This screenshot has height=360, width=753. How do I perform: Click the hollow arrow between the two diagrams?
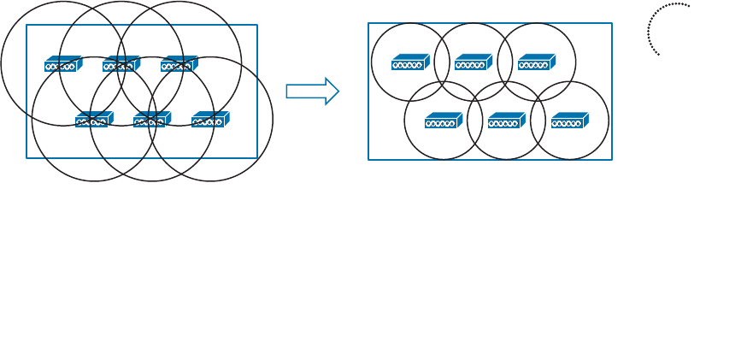click(x=312, y=91)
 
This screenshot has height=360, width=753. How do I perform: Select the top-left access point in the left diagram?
click(x=62, y=64)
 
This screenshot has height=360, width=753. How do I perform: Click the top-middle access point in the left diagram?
click(x=121, y=64)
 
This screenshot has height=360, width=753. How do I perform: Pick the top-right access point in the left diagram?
click(x=179, y=64)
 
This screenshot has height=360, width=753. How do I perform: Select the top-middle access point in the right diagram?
click(x=473, y=62)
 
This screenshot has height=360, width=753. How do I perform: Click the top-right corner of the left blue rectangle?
click(x=257, y=25)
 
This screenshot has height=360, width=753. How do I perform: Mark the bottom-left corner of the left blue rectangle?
click(x=26, y=158)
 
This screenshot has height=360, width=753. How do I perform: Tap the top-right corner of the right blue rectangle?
click(x=612, y=23)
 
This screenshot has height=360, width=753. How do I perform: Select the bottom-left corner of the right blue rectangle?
click(x=368, y=160)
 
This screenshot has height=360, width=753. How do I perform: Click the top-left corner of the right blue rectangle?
click(x=368, y=23)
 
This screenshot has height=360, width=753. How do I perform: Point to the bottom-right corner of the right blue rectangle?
click(x=612, y=160)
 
